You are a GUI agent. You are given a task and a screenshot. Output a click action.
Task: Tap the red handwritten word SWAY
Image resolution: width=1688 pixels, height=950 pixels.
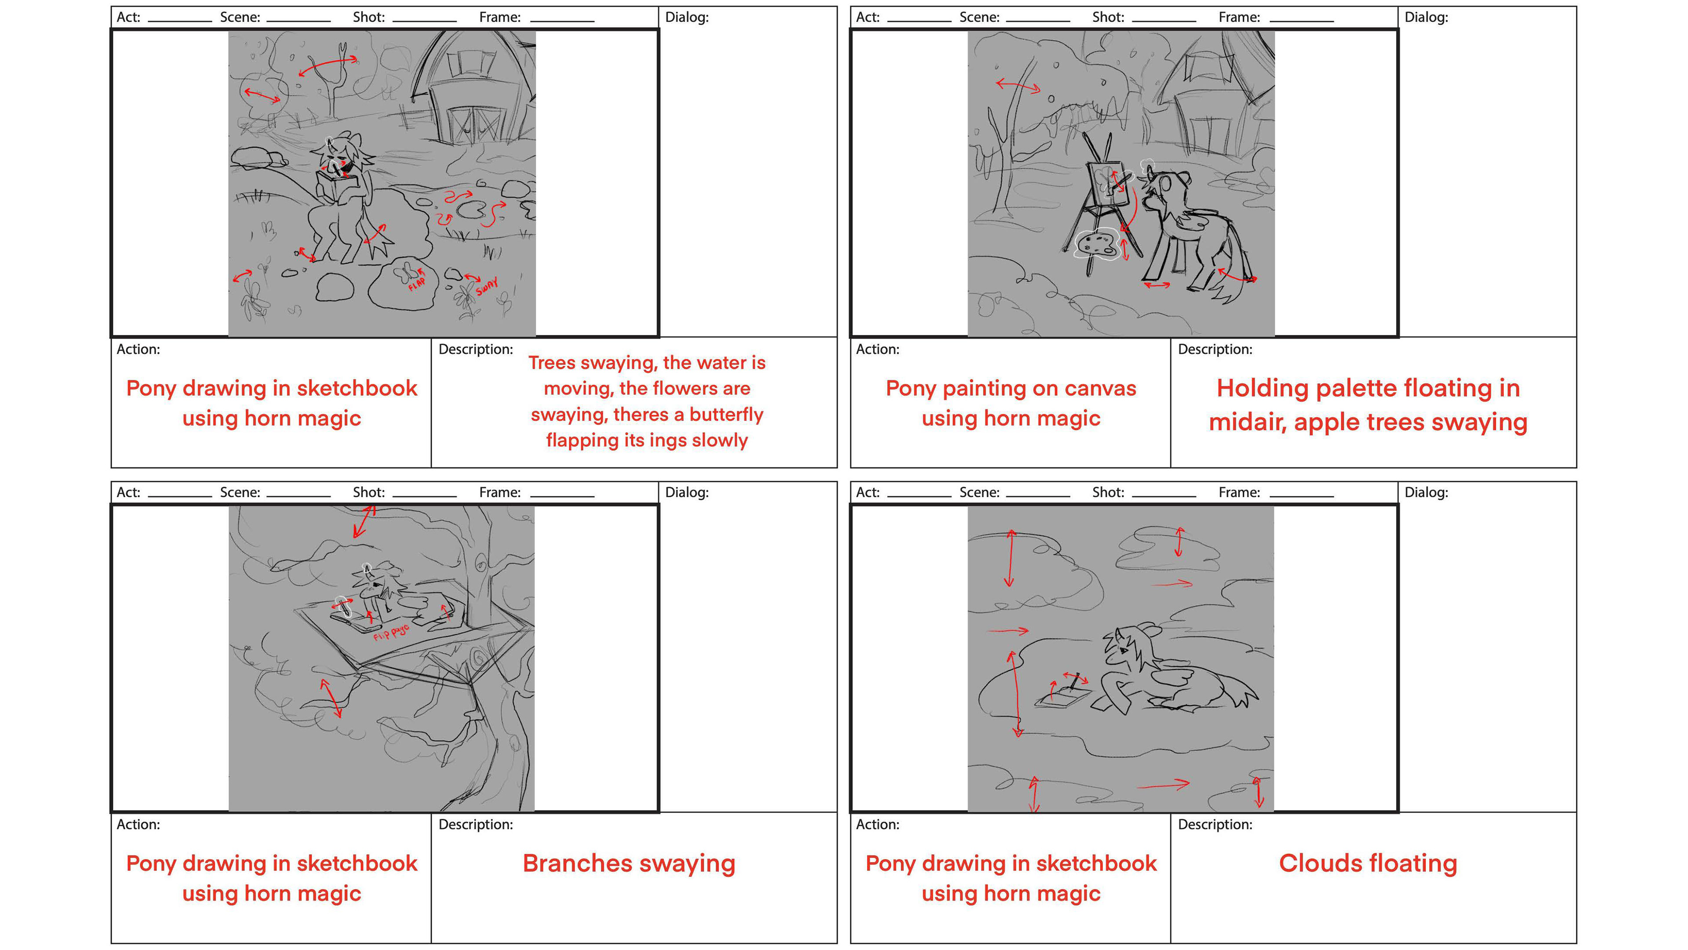487,286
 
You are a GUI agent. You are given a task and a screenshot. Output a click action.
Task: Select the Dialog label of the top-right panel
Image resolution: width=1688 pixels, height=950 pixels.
1426,17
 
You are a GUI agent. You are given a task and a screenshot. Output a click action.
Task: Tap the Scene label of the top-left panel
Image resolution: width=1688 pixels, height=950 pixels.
240,17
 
